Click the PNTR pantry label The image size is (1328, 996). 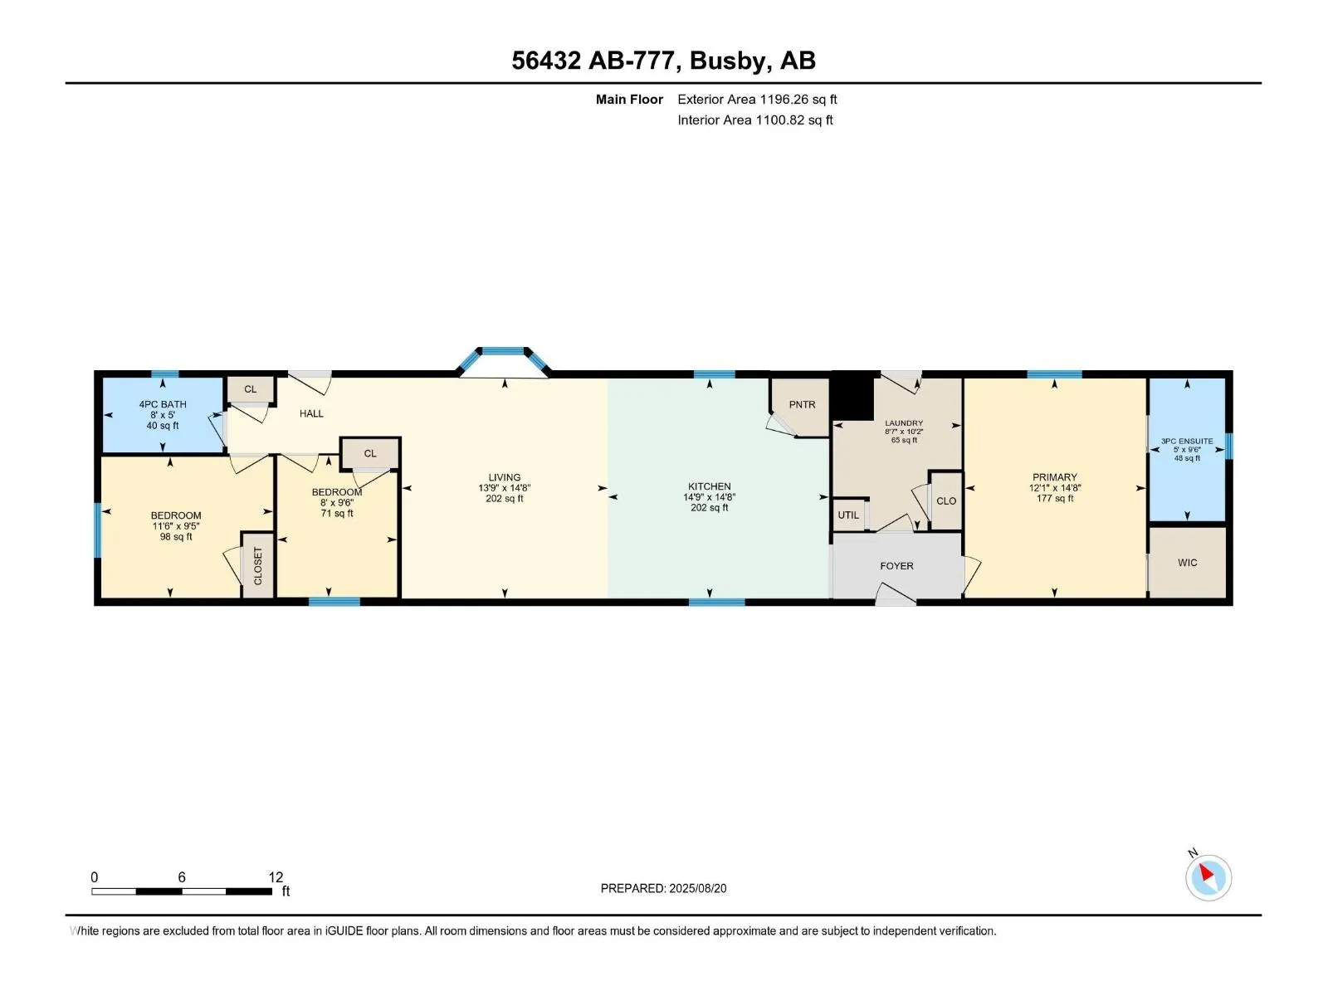coord(802,404)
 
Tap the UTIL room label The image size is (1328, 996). coord(847,515)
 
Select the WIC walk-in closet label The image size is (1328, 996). coord(1187,563)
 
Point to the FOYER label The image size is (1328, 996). coord(896,566)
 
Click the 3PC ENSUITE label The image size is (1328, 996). coord(1187,442)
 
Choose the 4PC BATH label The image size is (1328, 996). coord(163,404)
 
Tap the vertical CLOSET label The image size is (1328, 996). coord(258,566)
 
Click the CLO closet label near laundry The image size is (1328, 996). coord(945,500)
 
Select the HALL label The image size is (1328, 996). coord(311,413)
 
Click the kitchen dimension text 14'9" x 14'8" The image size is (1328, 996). coord(709,497)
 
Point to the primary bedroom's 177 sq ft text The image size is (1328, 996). coord(1055,498)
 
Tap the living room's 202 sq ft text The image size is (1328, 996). coord(504,498)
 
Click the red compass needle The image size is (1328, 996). coord(1206,872)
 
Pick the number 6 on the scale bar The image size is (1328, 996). coord(182,876)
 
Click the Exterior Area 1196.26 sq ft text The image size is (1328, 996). coord(757,99)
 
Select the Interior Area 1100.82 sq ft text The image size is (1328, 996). coord(755,120)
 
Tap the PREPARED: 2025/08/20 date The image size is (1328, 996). coord(664,888)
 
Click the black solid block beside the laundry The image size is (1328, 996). coord(853,397)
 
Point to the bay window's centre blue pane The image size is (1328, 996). coord(503,351)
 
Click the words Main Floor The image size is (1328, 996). coord(629,99)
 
